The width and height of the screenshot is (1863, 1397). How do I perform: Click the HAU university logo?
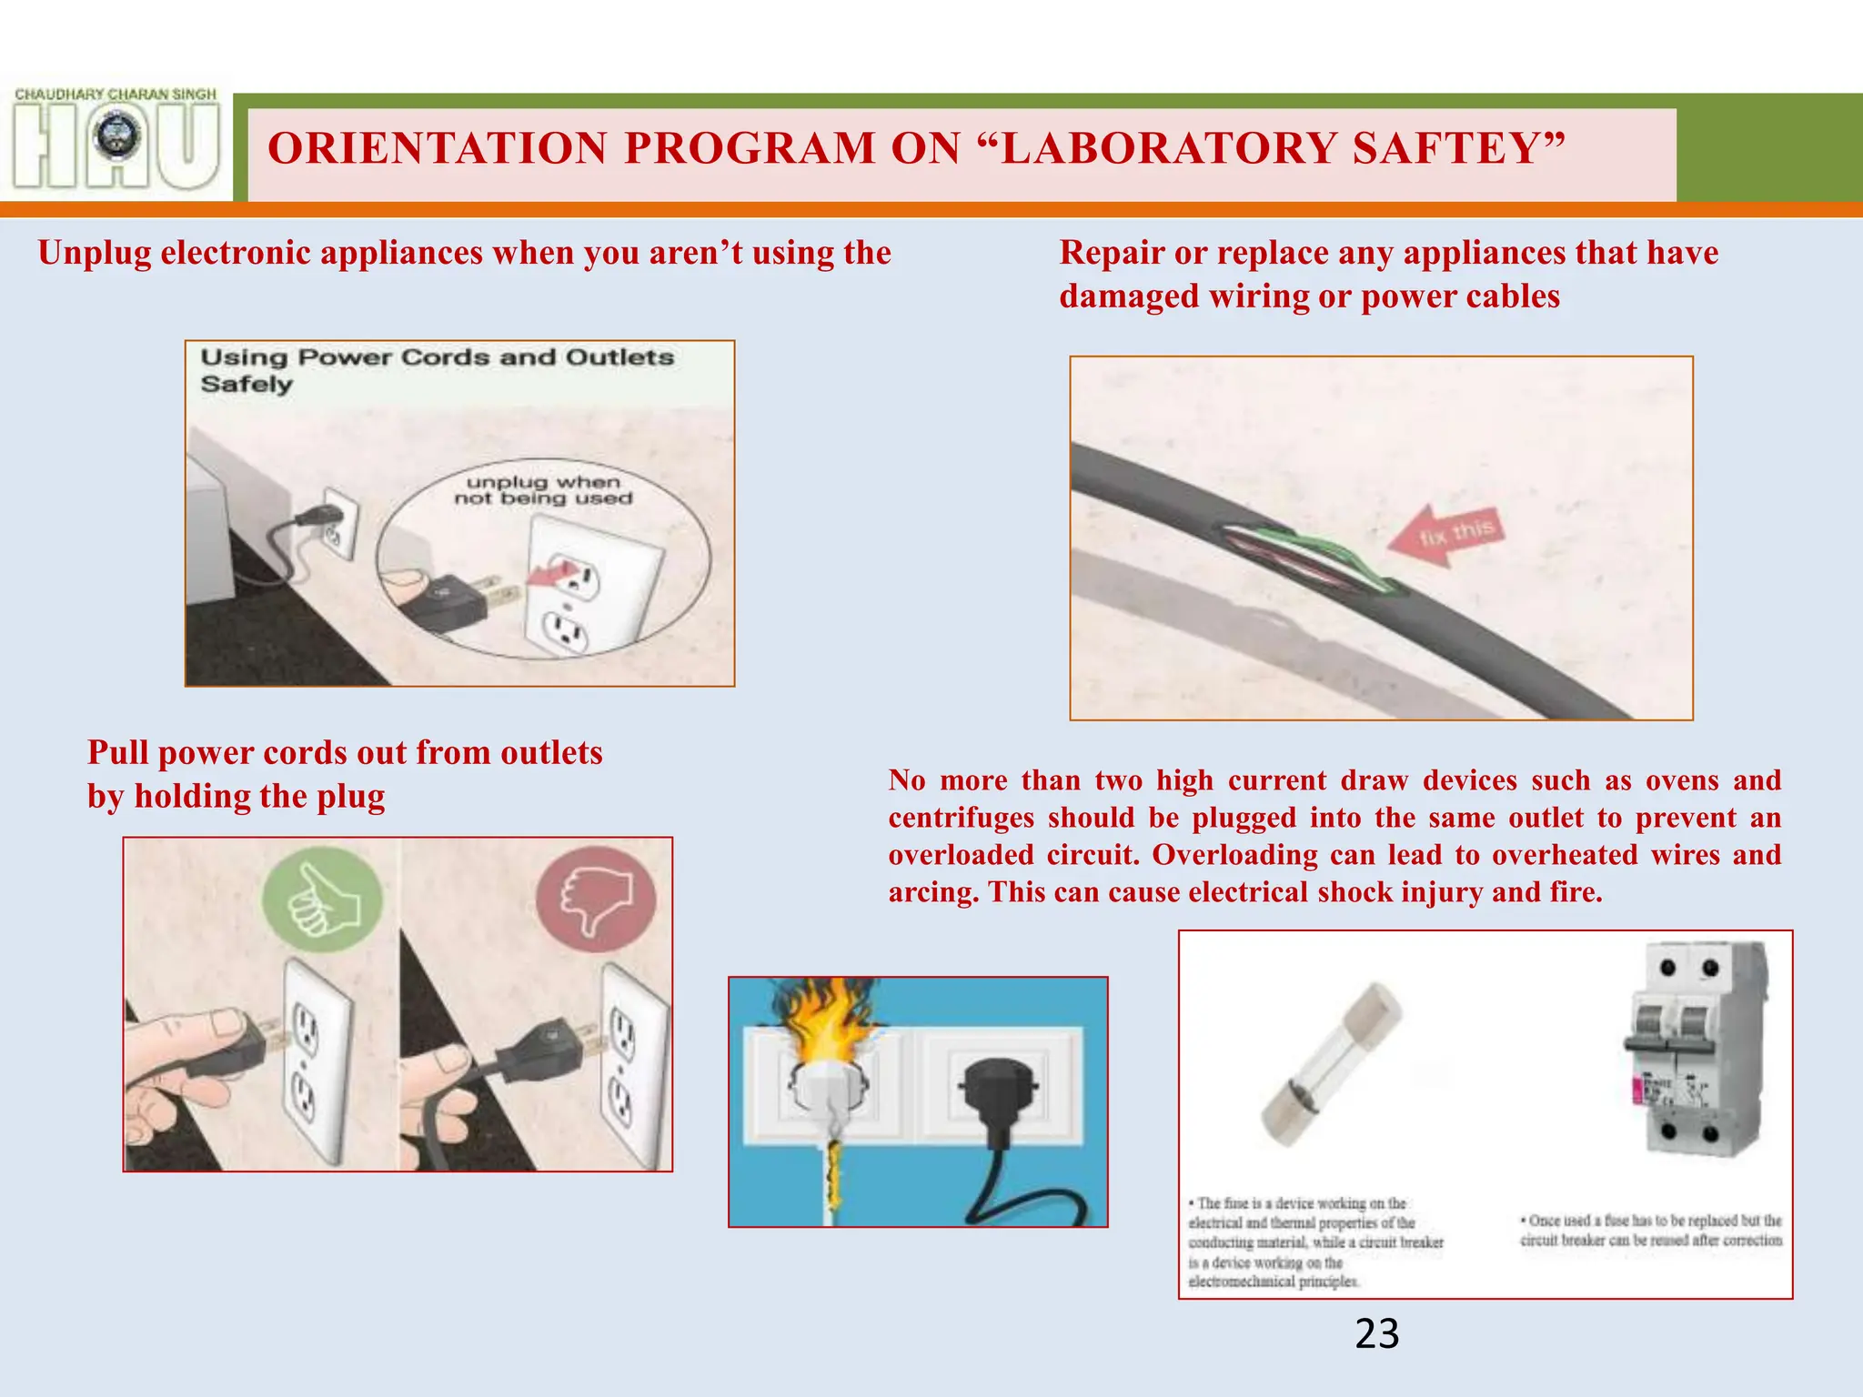coord(116,141)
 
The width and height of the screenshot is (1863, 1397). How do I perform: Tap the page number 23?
coord(1376,1334)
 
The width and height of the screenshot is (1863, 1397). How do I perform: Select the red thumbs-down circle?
coord(596,899)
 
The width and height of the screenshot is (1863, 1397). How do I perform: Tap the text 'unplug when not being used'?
coord(543,490)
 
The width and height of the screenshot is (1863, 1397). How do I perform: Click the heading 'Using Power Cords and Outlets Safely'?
coord(437,369)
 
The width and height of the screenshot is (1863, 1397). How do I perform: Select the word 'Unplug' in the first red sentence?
coord(94,253)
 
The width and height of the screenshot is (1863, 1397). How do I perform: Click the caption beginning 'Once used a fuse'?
coord(1650,1230)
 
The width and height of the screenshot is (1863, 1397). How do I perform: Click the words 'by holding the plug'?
coord(237,797)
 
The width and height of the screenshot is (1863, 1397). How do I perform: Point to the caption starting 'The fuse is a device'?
coord(1314,1242)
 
